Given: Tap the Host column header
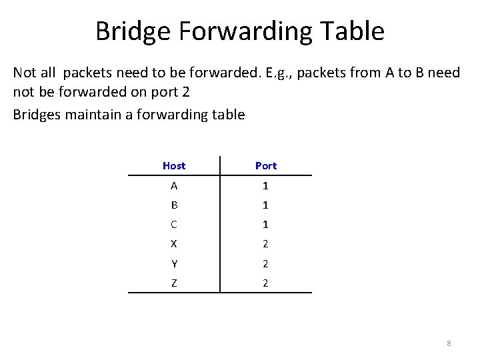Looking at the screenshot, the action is click(x=174, y=165).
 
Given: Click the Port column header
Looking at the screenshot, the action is click(x=265, y=165).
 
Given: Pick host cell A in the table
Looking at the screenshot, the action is click(x=174, y=185).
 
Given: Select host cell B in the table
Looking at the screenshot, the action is click(x=174, y=205).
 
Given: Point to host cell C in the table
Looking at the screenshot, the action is click(x=174, y=224).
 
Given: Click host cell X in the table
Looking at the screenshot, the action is click(x=174, y=244).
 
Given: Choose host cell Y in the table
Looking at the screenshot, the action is click(x=174, y=263).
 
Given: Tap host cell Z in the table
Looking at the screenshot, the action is click(x=174, y=283).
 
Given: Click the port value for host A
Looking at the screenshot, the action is click(x=265, y=185).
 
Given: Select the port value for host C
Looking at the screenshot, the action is click(x=265, y=224).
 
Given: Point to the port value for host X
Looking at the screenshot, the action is click(x=265, y=244).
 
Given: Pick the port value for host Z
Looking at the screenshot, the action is click(x=265, y=283).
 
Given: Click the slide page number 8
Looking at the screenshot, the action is click(x=449, y=343).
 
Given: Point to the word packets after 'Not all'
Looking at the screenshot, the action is click(x=90, y=73).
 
